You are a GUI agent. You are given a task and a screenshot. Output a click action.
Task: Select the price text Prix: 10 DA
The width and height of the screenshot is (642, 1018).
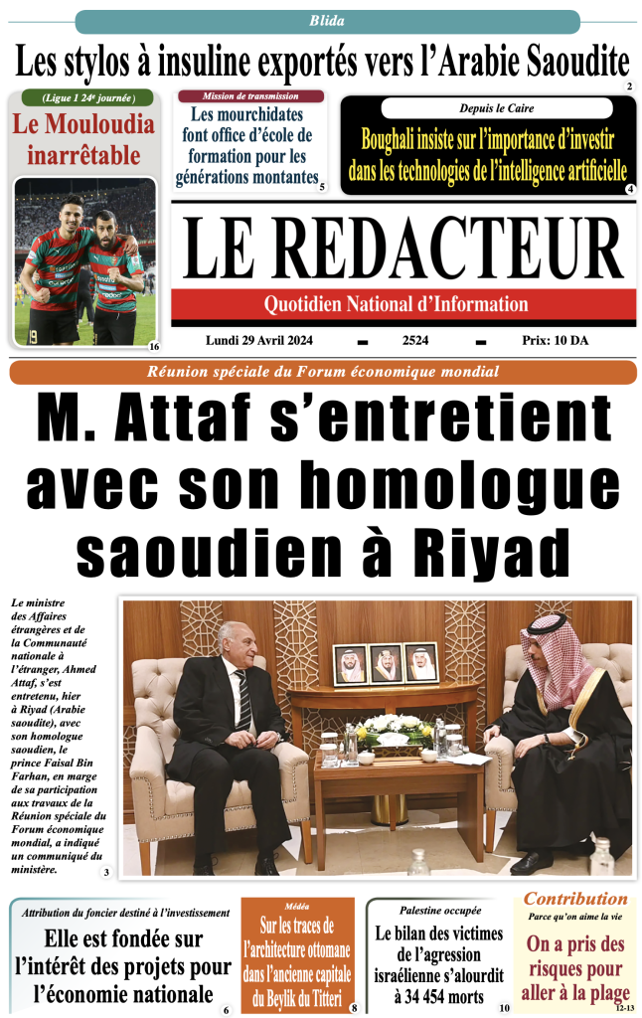click(x=555, y=340)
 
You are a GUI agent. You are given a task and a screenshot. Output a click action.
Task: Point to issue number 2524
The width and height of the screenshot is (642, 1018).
click(x=415, y=340)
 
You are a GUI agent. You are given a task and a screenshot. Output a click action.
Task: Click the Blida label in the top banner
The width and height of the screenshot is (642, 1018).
click(x=327, y=21)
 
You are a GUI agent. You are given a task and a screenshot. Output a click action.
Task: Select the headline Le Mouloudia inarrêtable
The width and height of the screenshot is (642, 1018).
click(x=83, y=139)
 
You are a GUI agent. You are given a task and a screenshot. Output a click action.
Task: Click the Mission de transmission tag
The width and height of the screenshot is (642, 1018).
click(x=250, y=96)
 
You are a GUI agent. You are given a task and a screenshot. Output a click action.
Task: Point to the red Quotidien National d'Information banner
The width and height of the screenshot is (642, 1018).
click(x=402, y=304)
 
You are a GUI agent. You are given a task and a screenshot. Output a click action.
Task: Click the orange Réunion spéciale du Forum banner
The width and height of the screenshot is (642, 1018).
click(x=323, y=372)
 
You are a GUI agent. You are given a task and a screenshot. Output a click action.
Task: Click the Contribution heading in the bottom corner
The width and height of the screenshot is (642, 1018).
click(x=575, y=899)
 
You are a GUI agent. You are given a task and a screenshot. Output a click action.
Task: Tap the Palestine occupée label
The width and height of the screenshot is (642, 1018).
click(x=440, y=910)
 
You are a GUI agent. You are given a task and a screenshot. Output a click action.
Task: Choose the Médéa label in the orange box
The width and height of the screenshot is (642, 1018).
click(x=296, y=906)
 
